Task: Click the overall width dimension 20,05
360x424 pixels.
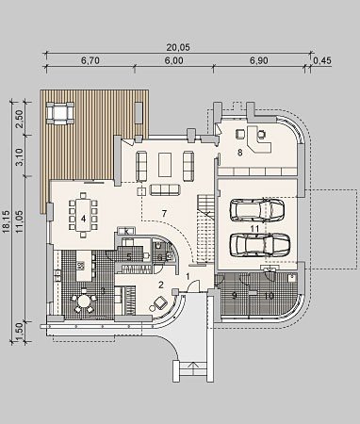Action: coord(178,47)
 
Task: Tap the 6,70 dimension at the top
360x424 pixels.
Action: coord(90,60)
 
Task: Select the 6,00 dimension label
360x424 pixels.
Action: coord(173,60)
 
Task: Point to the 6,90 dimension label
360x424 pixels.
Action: coord(259,60)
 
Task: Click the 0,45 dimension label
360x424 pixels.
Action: coord(322,60)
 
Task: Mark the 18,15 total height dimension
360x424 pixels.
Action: coord(9,221)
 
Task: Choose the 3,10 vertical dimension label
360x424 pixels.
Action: coord(21,156)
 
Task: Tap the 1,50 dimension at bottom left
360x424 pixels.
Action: coord(21,332)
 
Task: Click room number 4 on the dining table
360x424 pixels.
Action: coord(83,219)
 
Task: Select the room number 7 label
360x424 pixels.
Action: coord(164,214)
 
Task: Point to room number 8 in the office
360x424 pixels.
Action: coord(240,153)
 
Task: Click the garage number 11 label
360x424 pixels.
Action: coord(254,229)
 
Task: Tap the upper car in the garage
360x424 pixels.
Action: coord(257,210)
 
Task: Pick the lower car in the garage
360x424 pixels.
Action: coord(260,245)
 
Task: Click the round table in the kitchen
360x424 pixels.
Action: coord(84,302)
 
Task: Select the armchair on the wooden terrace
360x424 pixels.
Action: coord(60,112)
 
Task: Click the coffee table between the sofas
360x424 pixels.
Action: coord(165,165)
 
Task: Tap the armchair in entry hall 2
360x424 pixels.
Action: coord(160,303)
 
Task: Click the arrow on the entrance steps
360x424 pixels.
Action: coord(194,366)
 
